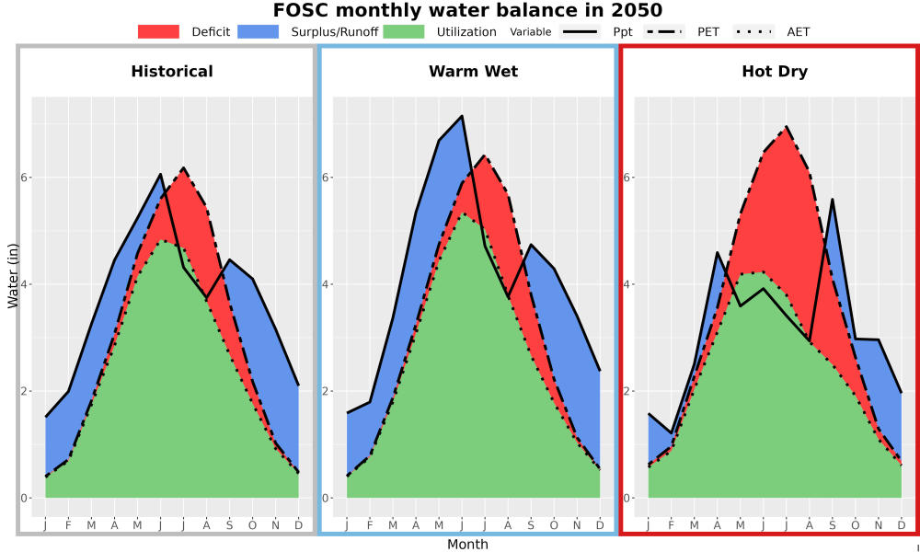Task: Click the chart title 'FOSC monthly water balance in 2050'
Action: pyautogui.click(x=467, y=10)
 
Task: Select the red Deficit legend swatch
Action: pyautogui.click(x=158, y=31)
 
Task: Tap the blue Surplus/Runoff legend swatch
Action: pyautogui.click(x=259, y=31)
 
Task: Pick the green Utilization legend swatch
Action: pyautogui.click(x=404, y=31)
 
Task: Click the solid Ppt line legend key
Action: pyautogui.click(x=580, y=31)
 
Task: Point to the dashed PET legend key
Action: pyautogui.click(x=664, y=31)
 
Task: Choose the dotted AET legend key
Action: pyautogui.click(x=753, y=31)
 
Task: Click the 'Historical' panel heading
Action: pyautogui.click(x=172, y=72)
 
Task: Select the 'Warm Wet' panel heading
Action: pyautogui.click(x=474, y=72)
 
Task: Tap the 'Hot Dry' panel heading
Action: pyautogui.click(x=775, y=72)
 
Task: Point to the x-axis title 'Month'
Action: pyautogui.click(x=467, y=545)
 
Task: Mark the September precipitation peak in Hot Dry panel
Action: pyautogui.click(x=832, y=200)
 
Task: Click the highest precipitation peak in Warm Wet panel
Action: pyautogui.click(x=463, y=116)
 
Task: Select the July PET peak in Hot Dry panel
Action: pyautogui.click(x=787, y=126)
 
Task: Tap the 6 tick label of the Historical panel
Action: pyautogui.click(x=24, y=178)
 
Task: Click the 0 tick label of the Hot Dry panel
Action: pyautogui.click(x=627, y=498)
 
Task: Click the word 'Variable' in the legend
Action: pyautogui.click(x=531, y=32)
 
